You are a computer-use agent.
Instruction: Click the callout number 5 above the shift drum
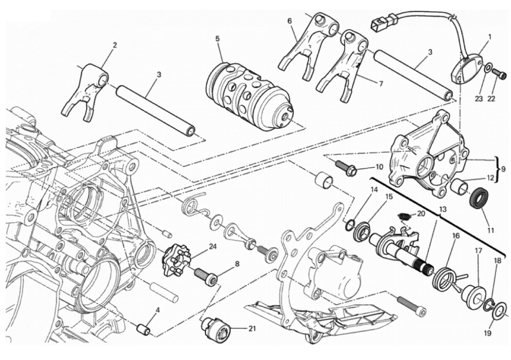point(217,39)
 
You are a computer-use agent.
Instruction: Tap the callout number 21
point(252,328)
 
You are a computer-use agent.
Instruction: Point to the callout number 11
point(491,231)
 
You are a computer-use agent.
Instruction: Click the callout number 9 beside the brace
point(503,167)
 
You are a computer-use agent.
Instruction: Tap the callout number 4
point(157,310)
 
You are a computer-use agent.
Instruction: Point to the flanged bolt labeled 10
point(346,168)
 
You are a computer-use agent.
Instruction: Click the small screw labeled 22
point(501,75)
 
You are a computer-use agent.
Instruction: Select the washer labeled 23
point(488,68)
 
